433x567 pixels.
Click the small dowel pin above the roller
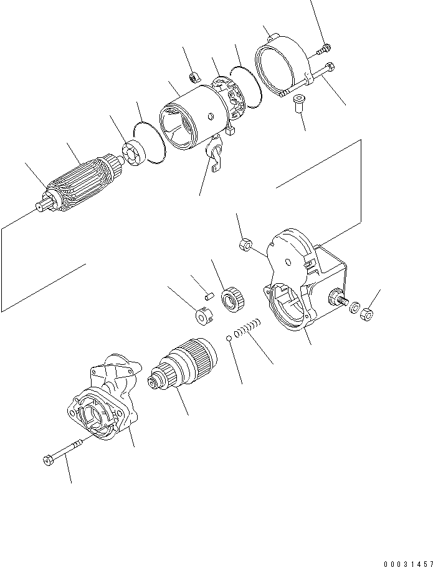(x=211, y=289)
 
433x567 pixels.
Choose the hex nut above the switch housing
(x=245, y=245)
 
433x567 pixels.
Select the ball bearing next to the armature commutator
(x=134, y=153)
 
